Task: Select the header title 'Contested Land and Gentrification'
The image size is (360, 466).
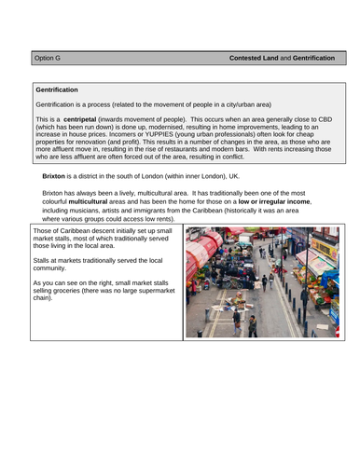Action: pyautogui.click(x=286, y=58)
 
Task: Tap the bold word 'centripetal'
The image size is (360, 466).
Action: pyautogui.click(x=91, y=120)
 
